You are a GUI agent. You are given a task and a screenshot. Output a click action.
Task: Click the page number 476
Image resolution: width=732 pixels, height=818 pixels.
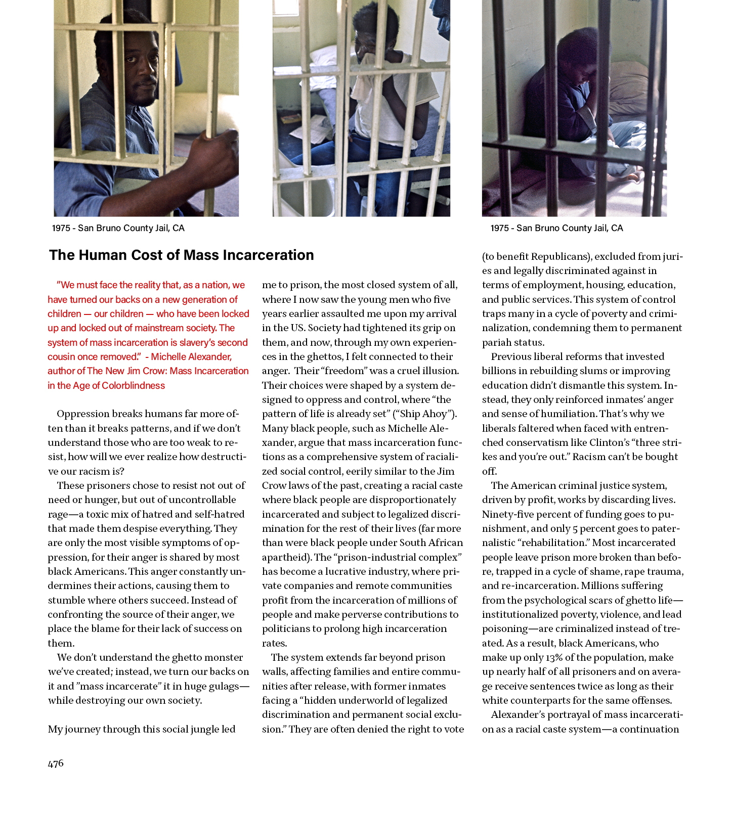tap(56, 763)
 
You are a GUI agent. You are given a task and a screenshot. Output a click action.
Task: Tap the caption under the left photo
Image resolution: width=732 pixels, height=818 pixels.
tap(118, 228)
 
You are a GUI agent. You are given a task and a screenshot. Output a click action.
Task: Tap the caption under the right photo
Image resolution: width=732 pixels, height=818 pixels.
tap(556, 228)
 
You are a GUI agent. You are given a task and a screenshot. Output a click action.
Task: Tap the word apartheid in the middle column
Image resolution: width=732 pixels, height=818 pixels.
tap(283, 557)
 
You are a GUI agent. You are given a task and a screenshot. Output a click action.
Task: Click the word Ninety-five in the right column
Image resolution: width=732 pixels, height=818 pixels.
tap(507, 514)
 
